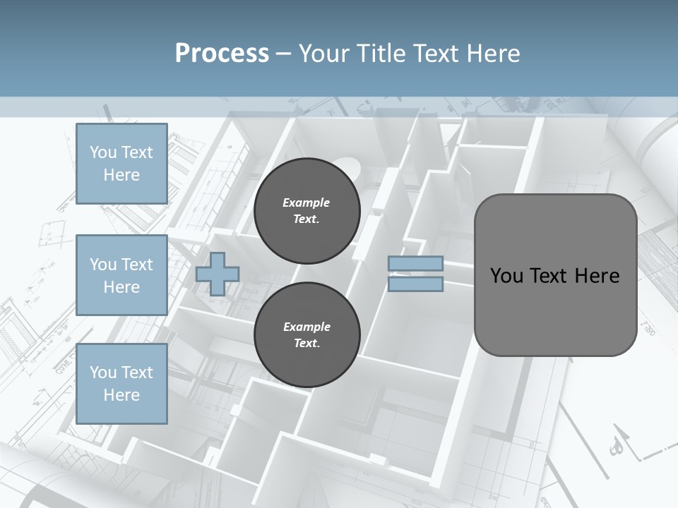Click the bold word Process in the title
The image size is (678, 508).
point(222,54)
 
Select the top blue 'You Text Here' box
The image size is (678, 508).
point(121,164)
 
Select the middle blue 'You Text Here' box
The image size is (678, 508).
point(121,275)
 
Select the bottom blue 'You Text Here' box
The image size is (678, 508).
point(121,383)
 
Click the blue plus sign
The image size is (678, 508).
point(218,274)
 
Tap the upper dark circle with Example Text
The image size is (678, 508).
point(307,210)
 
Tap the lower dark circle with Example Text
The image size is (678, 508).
point(307,334)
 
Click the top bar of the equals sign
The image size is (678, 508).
point(415,264)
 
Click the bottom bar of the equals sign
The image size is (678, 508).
point(415,284)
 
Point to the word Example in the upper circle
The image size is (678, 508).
point(307,202)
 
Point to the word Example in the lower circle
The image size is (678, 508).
point(307,327)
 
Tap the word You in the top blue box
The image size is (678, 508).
point(103,152)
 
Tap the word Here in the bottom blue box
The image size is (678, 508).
point(121,395)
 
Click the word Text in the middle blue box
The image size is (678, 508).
point(136,265)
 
